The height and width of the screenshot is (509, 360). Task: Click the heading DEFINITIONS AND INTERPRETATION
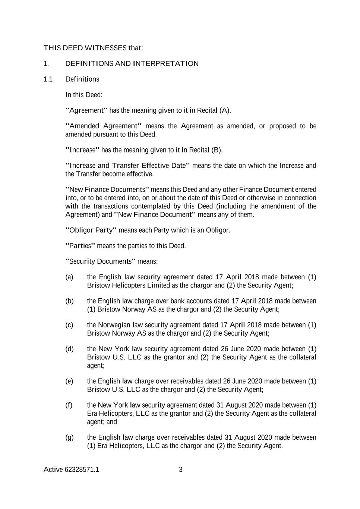click(x=132, y=63)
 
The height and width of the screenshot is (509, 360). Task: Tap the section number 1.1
click(x=48, y=79)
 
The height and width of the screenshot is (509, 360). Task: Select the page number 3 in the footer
click(x=181, y=469)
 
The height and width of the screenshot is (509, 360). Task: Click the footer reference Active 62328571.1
click(x=71, y=469)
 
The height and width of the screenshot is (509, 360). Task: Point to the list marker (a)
click(x=69, y=277)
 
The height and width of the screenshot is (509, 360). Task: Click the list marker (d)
click(x=69, y=349)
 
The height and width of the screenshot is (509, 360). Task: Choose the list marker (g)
click(x=69, y=437)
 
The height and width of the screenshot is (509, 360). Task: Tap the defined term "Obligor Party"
click(x=91, y=230)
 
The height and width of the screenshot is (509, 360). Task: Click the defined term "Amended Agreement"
click(x=103, y=126)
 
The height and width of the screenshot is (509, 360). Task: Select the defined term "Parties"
click(x=80, y=246)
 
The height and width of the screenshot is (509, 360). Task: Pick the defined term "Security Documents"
click(x=99, y=261)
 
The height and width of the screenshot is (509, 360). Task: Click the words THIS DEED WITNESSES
click(x=85, y=48)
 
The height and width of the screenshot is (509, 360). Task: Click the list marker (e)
click(x=69, y=381)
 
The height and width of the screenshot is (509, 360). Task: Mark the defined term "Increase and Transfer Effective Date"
click(x=127, y=166)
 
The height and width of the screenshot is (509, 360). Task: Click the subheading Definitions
click(x=82, y=79)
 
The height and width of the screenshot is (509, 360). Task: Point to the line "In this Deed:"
click(x=84, y=95)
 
